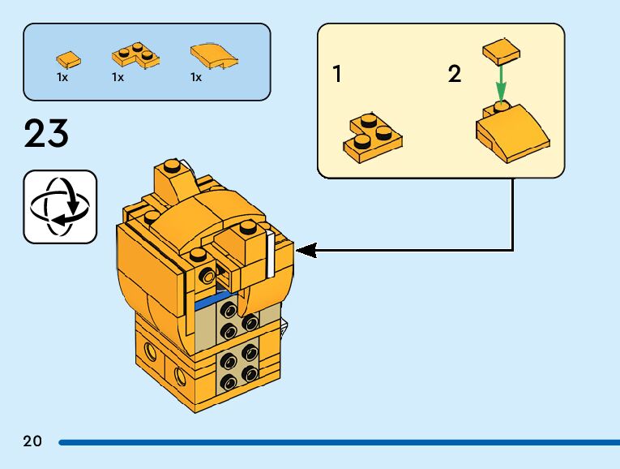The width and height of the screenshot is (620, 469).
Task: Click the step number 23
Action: pyautogui.click(x=46, y=134)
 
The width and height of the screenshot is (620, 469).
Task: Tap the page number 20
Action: pyautogui.click(x=32, y=441)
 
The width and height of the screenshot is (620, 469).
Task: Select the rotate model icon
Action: pyautogui.click(x=60, y=206)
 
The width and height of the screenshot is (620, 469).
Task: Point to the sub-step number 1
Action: pyautogui.click(x=337, y=75)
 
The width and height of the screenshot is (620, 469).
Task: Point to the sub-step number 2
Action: pyautogui.click(x=455, y=75)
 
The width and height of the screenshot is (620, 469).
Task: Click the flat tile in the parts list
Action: pyautogui.click(x=68, y=58)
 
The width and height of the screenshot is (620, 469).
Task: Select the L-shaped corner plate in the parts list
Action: pyautogui.click(x=134, y=57)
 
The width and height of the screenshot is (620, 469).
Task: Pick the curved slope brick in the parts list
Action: pyautogui.click(x=213, y=56)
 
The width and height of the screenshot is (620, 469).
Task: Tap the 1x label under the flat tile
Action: pyautogui.click(x=62, y=78)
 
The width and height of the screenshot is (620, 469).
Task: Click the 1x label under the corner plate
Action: pyautogui.click(x=118, y=78)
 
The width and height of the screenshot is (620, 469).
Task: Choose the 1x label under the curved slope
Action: pyautogui.click(x=195, y=78)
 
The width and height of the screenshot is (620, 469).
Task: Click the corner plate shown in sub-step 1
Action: pyautogui.click(x=373, y=135)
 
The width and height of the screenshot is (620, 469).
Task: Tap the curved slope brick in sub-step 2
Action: pyautogui.click(x=512, y=132)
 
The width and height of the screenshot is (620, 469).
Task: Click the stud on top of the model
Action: pyautogui.click(x=171, y=167)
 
